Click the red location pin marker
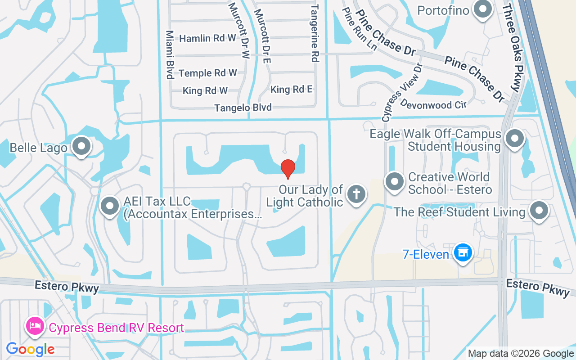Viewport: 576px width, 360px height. (288, 169)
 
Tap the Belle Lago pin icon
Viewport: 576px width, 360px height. (81, 146)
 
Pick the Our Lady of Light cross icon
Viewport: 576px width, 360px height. (356, 195)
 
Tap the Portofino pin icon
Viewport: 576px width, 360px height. (483, 9)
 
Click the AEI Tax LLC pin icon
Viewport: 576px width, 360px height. (110, 206)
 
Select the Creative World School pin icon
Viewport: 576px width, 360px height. (395, 182)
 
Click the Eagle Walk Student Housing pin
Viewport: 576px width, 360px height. (515, 139)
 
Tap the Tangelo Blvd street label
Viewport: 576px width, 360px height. (243, 108)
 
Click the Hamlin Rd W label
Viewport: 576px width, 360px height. (207, 38)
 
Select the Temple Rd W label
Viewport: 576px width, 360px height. (207, 73)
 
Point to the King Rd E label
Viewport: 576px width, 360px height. (291, 90)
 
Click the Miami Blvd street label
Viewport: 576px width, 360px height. (170, 55)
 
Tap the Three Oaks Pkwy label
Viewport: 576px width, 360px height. (512, 47)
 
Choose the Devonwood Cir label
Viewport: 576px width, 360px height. (432, 104)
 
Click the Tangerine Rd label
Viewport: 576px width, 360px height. (315, 33)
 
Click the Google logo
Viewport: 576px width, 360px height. (30, 349)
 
